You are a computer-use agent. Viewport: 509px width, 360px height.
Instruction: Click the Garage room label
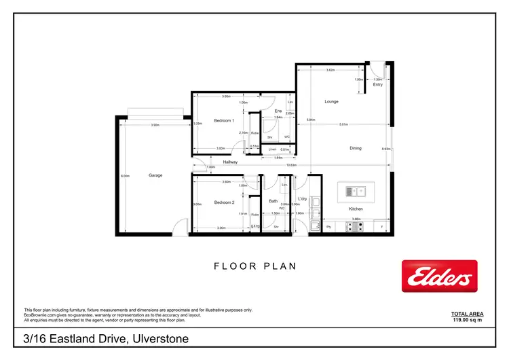click(155, 175)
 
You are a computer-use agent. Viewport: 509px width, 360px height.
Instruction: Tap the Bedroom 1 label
click(224, 120)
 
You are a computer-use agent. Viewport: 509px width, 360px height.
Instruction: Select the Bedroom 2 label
click(224, 202)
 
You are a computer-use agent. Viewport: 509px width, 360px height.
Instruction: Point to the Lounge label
click(331, 102)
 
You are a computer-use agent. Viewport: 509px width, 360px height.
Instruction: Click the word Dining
click(356, 148)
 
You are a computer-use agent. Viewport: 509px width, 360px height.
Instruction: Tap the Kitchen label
click(356, 209)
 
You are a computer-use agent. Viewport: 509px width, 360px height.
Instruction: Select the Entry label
click(377, 85)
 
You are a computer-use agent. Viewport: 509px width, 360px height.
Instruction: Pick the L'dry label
click(303, 199)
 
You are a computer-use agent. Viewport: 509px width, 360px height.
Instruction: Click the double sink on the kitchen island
click(356, 190)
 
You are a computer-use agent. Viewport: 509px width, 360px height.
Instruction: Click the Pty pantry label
click(329, 226)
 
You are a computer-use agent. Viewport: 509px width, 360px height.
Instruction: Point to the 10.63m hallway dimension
click(291, 166)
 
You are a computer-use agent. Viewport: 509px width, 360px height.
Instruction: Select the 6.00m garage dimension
click(125, 176)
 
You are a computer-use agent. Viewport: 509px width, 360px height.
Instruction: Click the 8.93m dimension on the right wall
click(385, 149)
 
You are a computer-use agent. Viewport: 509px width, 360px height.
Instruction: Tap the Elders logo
click(439, 276)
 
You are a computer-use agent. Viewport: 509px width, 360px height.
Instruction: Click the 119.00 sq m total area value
click(467, 319)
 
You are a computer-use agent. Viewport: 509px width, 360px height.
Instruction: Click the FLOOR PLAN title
click(254, 266)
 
